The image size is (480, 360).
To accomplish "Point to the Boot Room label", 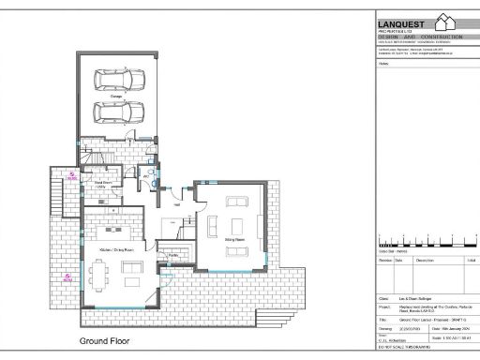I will [x=89, y=184].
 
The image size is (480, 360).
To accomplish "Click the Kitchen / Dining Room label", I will [x=114, y=251].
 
